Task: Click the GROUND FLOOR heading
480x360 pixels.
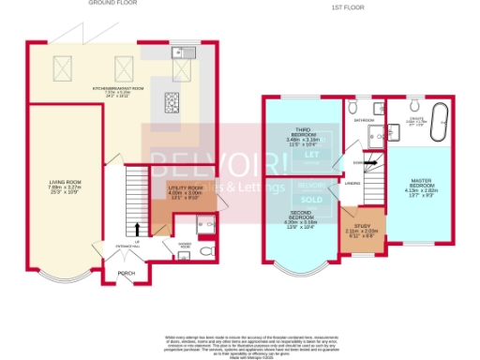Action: click(x=109, y=3)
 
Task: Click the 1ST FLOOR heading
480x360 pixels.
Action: click(x=346, y=8)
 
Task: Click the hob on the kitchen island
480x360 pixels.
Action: click(x=174, y=101)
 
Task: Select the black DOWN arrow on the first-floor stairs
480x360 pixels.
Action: click(x=371, y=162)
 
